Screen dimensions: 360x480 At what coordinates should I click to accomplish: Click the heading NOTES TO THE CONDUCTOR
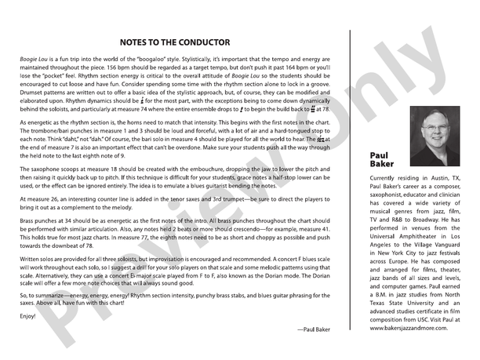coord(174,42)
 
